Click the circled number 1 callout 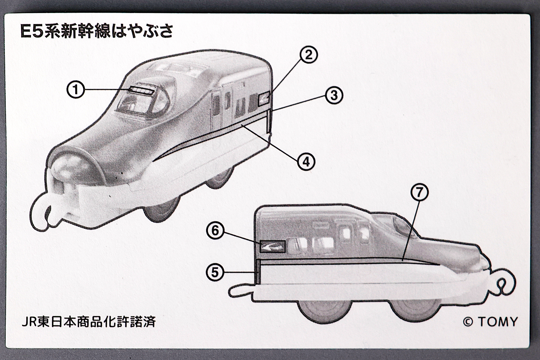coord(76,90)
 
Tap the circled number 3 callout coord(334,95)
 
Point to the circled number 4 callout coord(306,162)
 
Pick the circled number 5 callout coord(215,272)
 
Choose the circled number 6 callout coord(215,231)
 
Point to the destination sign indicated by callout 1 coord(141,91)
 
